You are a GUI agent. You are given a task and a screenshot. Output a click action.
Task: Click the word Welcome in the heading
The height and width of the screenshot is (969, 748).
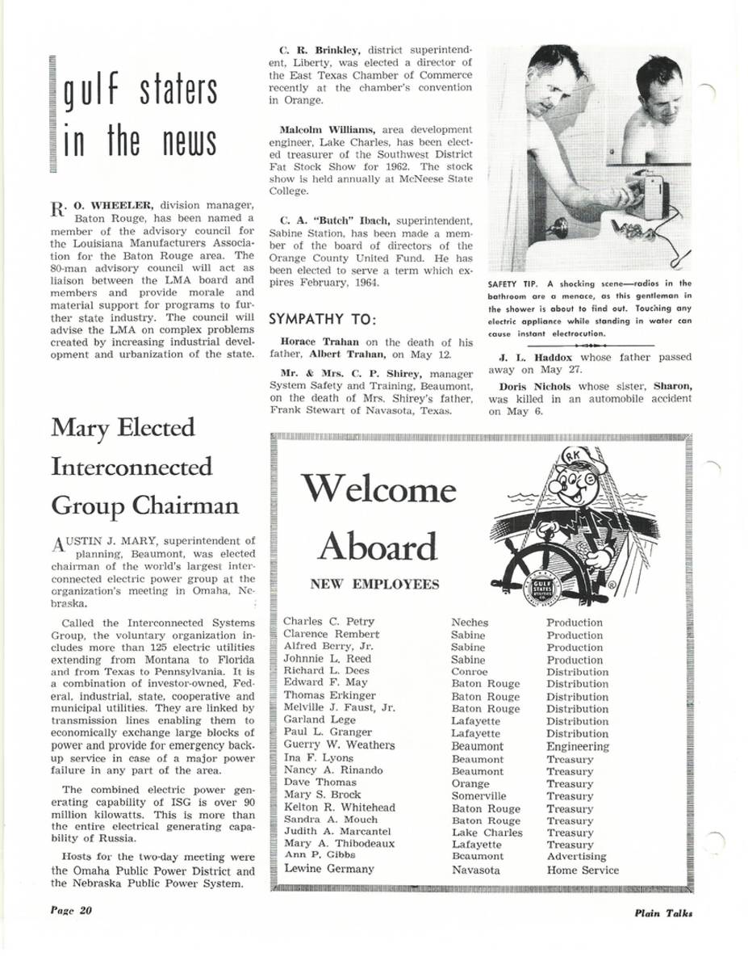[x=378, y=489]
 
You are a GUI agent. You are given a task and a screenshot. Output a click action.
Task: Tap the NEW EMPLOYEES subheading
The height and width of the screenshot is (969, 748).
[x=374, y=585]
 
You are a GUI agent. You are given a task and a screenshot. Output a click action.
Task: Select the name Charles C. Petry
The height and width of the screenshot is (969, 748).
[x=328, y=622]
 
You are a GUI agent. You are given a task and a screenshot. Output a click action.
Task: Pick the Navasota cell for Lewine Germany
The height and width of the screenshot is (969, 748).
[x=475, y=870]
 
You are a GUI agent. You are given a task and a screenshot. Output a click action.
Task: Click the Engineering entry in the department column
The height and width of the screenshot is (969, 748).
[x=577, y=747]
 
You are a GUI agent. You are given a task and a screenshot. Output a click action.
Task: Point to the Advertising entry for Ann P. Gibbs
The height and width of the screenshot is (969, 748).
[x=576, y=856]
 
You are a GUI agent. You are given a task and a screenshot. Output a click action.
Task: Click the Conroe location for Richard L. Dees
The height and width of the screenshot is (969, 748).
[x=469, y=672]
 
